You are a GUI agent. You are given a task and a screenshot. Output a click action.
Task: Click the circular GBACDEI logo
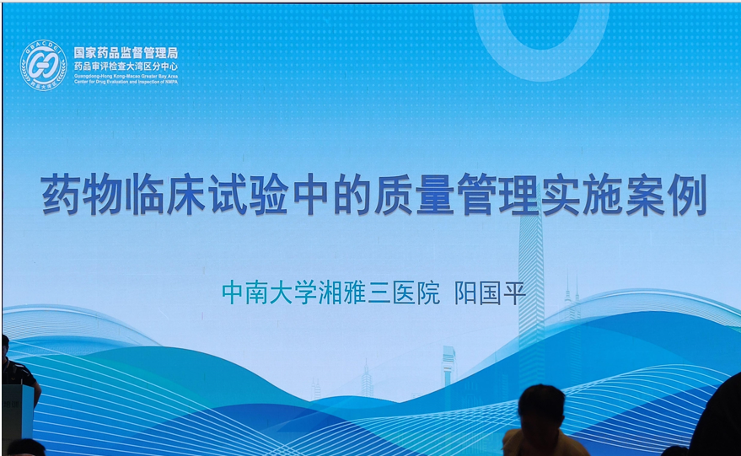pos(43,65)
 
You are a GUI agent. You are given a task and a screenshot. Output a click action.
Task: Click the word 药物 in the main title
pos(69,194)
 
